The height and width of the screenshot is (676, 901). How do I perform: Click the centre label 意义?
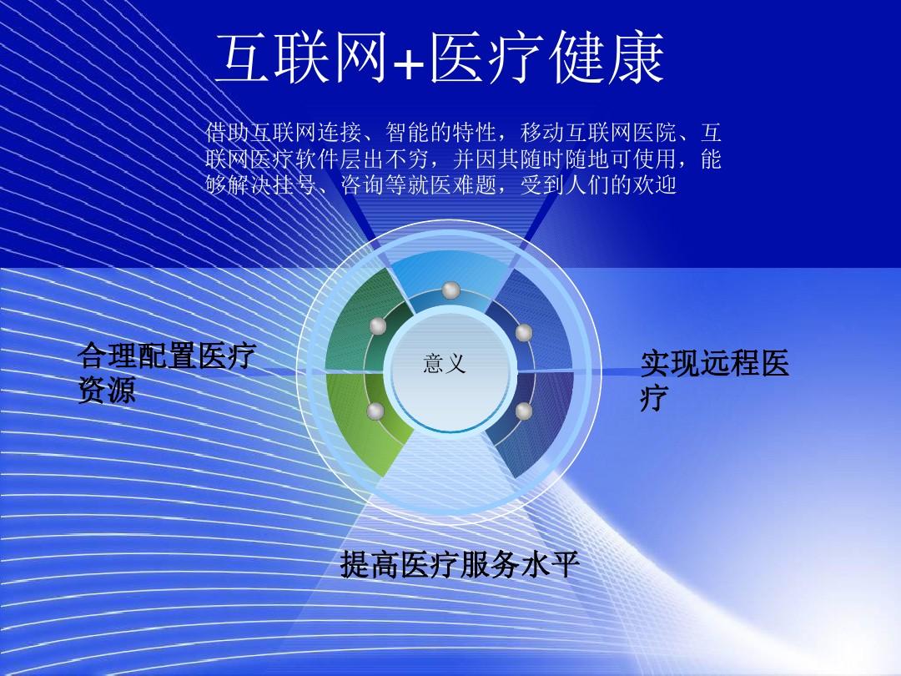click(444, 364)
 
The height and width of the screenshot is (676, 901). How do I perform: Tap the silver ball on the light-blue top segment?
click(451, 290)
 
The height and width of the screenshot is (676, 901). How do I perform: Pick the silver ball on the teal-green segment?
click(379, 326)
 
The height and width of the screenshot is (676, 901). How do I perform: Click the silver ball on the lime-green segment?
click(375, 411)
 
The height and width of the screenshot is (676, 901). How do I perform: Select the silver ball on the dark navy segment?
click(524, 411)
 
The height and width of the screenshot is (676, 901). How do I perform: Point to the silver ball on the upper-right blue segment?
click(524, 333)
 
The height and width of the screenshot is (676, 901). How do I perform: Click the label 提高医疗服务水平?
click(460, 565)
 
